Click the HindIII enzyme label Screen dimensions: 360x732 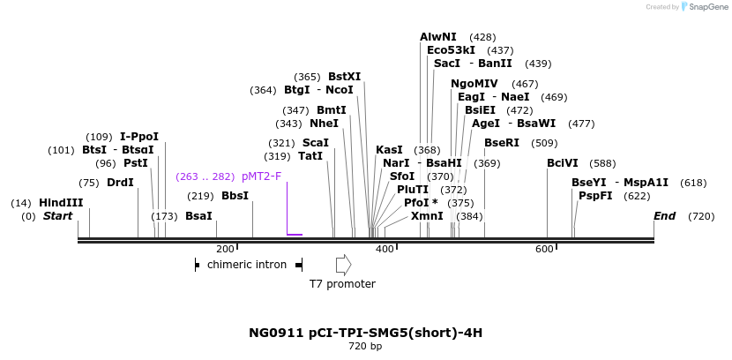pos(61,203)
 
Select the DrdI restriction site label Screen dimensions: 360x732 pos(120,183)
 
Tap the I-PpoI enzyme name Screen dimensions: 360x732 pos(139,137)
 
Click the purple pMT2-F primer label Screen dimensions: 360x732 pos(261,176)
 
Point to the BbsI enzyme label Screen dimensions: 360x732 pos(235,196)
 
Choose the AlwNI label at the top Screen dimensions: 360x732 pos(438,37)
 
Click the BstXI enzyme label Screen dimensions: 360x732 pos(344,77)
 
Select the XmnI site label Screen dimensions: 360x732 pos(427,216)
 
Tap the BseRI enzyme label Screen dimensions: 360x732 pos(502,143)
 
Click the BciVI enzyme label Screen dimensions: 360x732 pos(563,163)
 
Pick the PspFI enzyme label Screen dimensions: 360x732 pos(595,196)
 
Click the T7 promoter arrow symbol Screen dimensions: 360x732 pos(343,264)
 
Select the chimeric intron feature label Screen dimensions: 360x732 pos(247,264)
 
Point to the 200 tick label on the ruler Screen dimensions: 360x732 pos(225,250)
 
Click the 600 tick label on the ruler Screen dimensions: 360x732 pos(544,250)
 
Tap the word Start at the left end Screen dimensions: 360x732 pos(57,216)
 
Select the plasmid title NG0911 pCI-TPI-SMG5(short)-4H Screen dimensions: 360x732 pos(366,333)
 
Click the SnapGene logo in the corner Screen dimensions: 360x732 pos(704,7)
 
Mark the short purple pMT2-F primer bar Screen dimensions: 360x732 pos(295,235)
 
